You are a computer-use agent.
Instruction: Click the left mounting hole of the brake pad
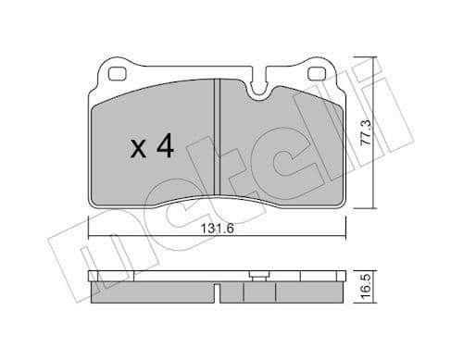pyautogui.click(x=118, y=74)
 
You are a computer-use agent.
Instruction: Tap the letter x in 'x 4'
pyautogui.click(x=137, y=147)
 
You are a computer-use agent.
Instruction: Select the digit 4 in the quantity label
pyautogui.click(x=165, y=145)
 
